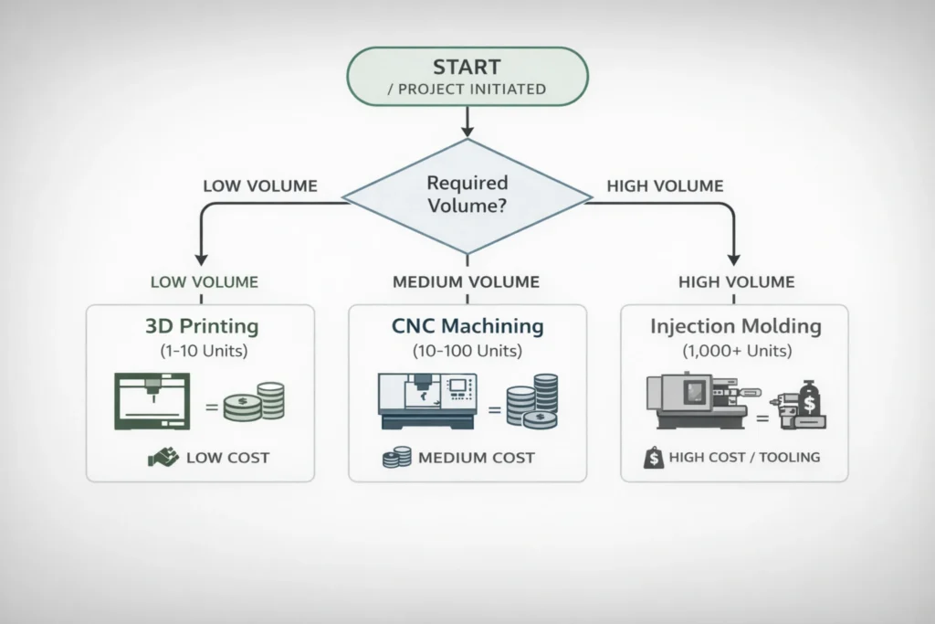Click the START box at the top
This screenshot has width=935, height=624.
[x=467, y=77]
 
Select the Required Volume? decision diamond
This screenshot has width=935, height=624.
[x=467, y=195]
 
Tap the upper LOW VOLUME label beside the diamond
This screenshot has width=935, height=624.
[x=259, y=186]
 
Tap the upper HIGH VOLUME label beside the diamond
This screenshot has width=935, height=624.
[x=665, y=186]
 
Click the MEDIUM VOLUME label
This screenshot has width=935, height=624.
[x=466, y=282]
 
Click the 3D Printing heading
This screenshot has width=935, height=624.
[x=200, y=326]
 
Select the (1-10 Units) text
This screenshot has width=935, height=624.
[x=200, y=349]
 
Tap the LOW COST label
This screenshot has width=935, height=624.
[x=226, y=457]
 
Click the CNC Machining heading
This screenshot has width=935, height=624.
[x=468, y=326]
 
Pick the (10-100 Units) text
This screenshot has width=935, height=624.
[x=468, y=349]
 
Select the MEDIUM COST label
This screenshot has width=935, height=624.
[x=476, y=457]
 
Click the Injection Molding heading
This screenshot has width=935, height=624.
[x=735, y=326]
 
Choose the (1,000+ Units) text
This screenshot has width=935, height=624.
[x=735, y=349]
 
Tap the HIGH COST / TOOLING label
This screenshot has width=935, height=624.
[x=744, y=457]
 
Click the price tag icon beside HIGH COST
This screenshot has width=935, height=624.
[x=654, y=457]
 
